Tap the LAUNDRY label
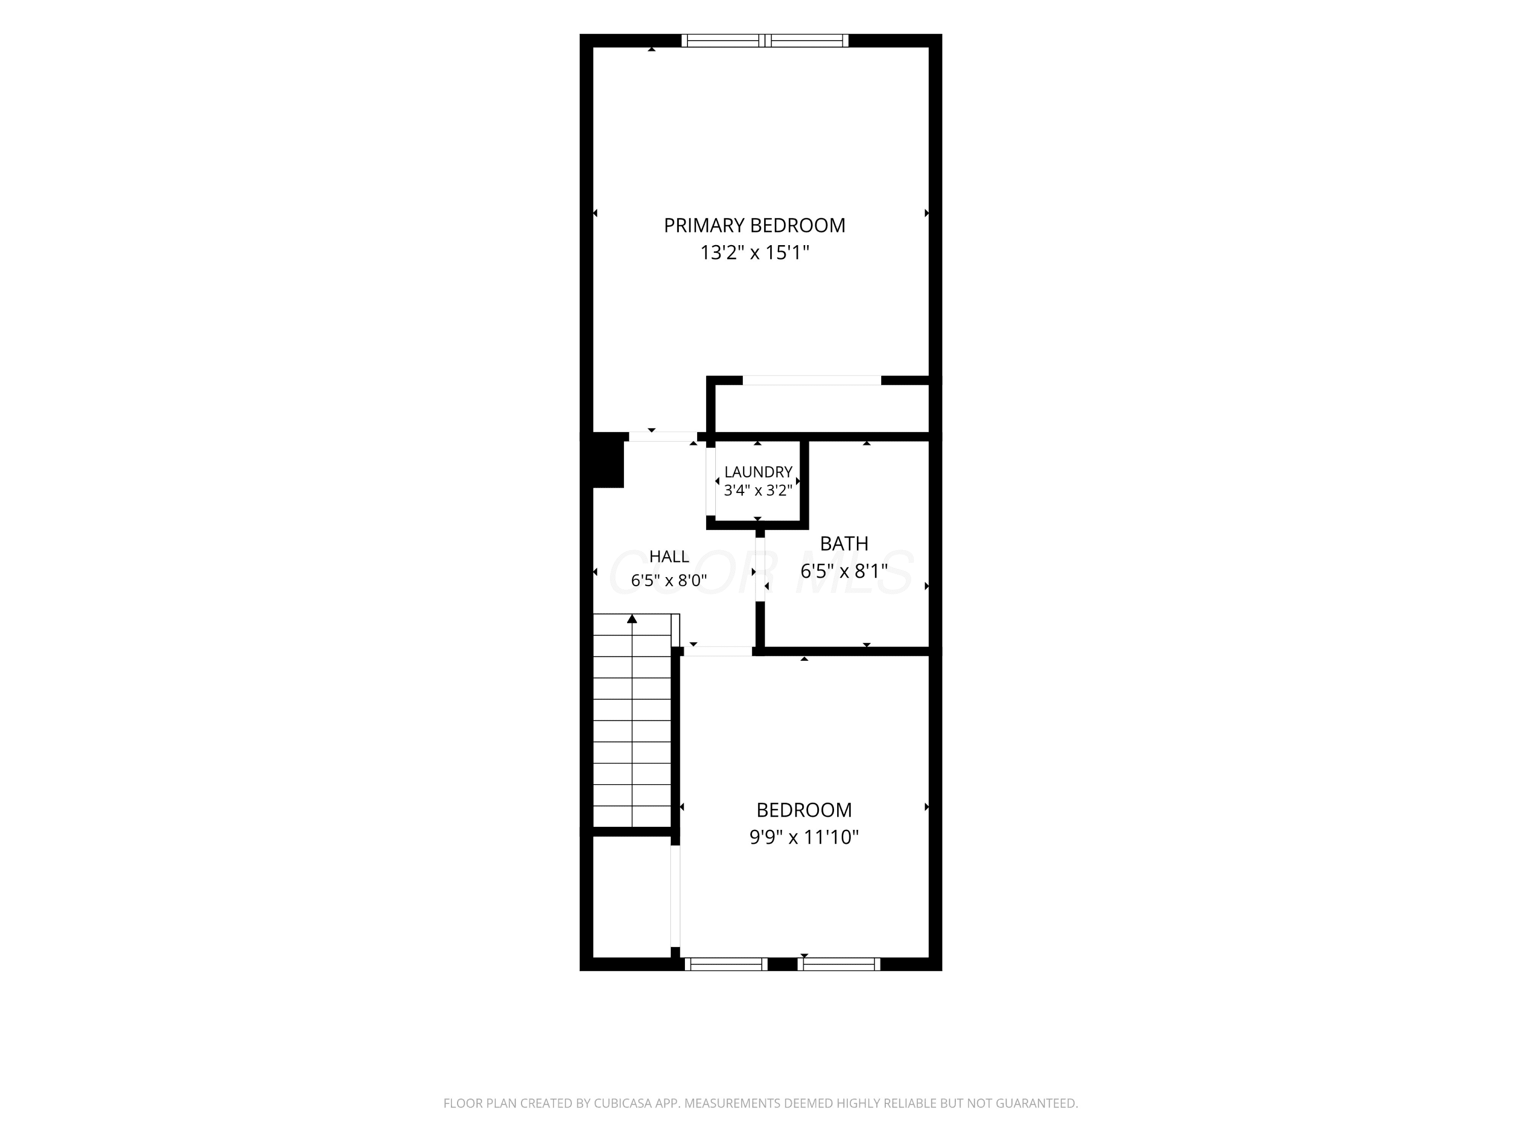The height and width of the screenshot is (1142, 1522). pyautogui.click(x=758, y=472)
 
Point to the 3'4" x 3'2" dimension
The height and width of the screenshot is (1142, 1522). pyautogui.click(x=758, y=490)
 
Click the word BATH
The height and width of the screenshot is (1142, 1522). pyautogui.click(x=844, y=544)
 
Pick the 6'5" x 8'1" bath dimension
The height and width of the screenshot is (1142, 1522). pyautogui.click(x=844, y=572)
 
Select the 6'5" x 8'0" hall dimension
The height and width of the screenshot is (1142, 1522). pyautogui.click(x=669, y=580)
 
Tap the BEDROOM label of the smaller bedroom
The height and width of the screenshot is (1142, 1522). pyautogui.click(x=804, y=810)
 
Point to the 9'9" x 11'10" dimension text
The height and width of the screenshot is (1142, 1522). pyautogui.click(x=804, y=837)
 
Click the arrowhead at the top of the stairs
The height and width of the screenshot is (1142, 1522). pyautogui.click(x=632, y=619)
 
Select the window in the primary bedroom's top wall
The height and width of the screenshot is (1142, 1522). pyautogui.click(x=765, y=41)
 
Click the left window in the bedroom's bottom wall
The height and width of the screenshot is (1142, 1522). pyautogui.click(x=726, y=964)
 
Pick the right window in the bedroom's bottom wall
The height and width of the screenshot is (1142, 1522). pyautogui.click(x=839, y=964)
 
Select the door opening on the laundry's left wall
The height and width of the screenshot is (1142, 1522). pyautogui.click(x=711, y=482)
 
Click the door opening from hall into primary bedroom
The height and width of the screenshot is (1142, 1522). pyautogui.click(x=663, y=436)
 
